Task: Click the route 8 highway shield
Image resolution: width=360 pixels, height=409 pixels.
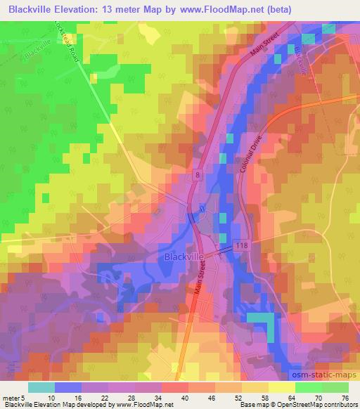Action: [199, 173]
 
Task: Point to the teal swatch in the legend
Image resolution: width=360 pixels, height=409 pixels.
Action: [41, 387]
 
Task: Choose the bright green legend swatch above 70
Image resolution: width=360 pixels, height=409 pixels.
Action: [308, 387]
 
